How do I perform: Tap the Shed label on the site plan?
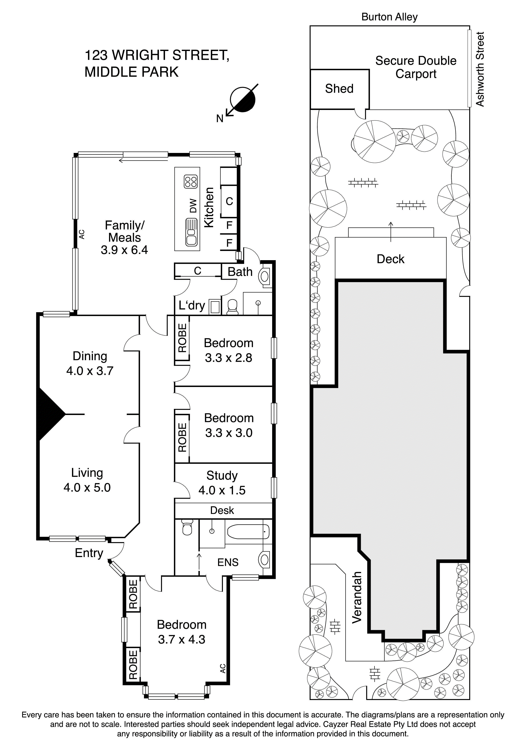click(339, 88)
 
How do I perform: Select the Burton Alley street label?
click(389, 17)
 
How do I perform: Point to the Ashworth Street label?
click(480, 69)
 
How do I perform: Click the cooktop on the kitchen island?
click(190, 182)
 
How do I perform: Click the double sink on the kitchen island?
click(191, 232)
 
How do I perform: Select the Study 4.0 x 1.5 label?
click(222, 483)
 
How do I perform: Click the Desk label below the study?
click(222, 510)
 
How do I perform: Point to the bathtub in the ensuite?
click(248, 532)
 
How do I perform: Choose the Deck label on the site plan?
click(390, 259)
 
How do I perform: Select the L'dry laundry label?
click(192, 305)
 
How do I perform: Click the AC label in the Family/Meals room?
click(82, 234)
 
